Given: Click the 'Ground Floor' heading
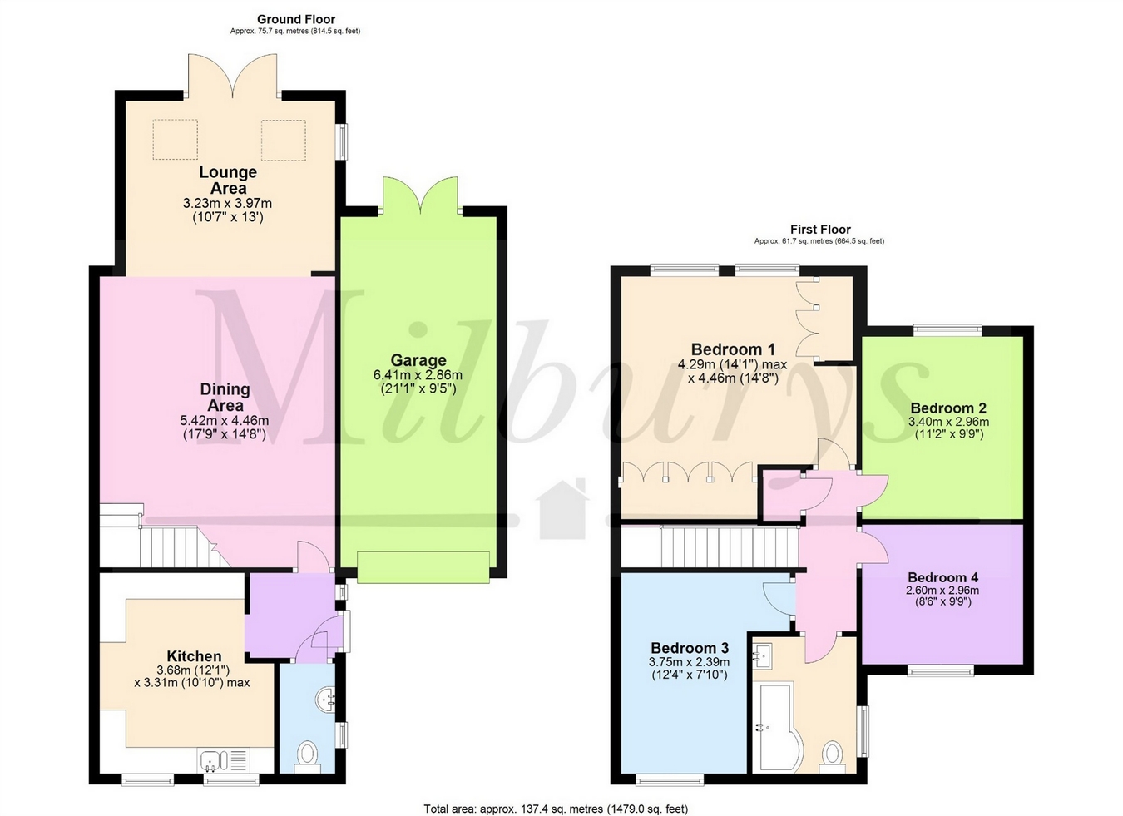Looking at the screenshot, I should [295, 19].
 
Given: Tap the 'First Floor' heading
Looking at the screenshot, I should [819, 230].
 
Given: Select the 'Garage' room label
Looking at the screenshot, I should [418, 360].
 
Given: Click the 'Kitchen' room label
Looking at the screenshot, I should [194, 656].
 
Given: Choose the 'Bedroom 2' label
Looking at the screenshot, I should [947, 408].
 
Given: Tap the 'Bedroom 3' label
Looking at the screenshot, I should [689, 648].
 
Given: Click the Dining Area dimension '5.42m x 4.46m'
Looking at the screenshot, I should [224, 421].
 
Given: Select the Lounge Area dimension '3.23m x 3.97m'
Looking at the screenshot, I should [227, 203].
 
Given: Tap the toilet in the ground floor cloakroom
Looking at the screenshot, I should [307, 755].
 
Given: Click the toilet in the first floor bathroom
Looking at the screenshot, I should [831, 754].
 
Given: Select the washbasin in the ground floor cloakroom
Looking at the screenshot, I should [326, 700].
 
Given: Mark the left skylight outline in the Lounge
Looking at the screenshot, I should [175, 140].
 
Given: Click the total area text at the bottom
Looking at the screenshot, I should [556, 809].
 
